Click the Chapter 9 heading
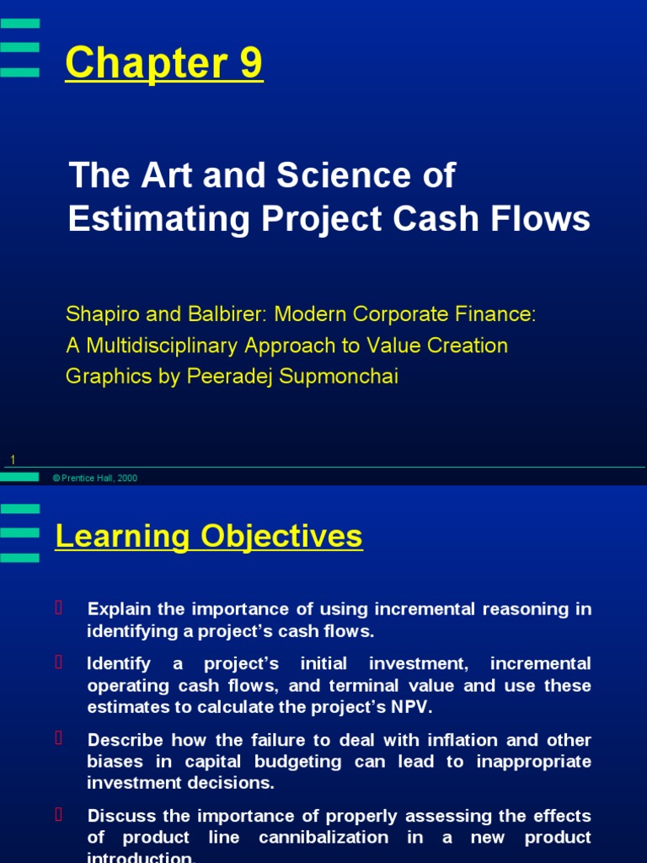pyautogui.click(x=164, y=63)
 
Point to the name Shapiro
pyautogui.click(x=99, y=314)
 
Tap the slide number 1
pyautogui.click(x=13, y=459)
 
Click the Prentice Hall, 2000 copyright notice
pyautogui.click(x=94, y=478)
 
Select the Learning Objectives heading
pyautogui.click(x=209, y=536)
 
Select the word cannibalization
pyautogui.click(x=323, y=838)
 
